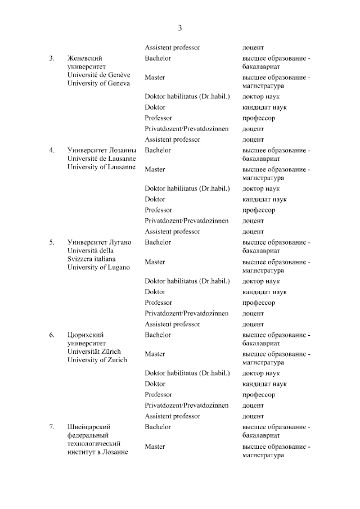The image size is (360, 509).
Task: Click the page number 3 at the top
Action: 180,28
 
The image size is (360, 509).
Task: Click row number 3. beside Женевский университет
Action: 51,58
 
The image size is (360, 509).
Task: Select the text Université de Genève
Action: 98,75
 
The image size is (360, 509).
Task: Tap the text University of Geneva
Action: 98,83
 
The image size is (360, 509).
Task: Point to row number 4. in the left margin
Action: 51,150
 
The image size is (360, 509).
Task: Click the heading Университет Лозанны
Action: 101,150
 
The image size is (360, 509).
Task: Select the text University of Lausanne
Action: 101,167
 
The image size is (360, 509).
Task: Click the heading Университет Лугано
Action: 99,242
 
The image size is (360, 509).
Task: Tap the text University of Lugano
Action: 98,267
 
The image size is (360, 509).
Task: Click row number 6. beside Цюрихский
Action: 51,335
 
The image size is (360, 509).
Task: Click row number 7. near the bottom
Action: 51,427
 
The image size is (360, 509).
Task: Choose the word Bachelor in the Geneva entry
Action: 157,58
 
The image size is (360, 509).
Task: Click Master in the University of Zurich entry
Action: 155,354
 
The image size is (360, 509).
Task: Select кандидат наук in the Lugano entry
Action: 264,292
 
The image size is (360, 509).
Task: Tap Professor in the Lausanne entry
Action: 158,210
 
